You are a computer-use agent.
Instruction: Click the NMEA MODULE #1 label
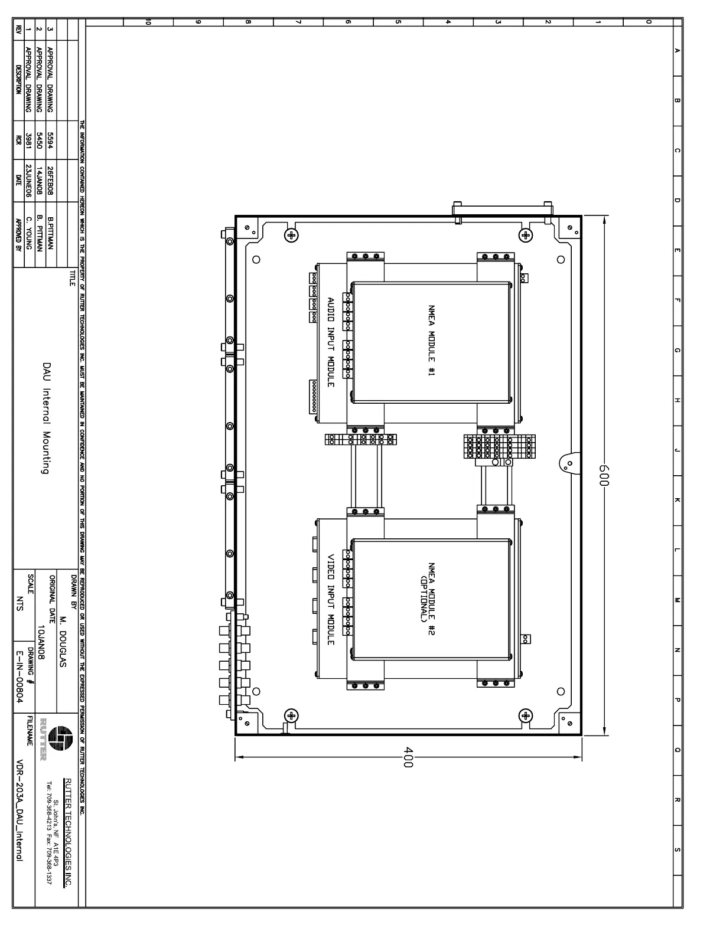click(x=431, y=341)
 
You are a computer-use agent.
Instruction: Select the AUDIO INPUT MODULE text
click(x=331, y=342)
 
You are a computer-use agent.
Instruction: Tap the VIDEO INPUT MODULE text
click(x=331, y=599)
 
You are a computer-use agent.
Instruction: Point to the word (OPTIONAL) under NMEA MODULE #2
click(x=422, y=599)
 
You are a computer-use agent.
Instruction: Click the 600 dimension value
click(x=604, y=475)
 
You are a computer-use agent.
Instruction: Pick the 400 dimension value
click(x=408, y=757)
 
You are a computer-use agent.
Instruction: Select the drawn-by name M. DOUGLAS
click(x=63, y=642)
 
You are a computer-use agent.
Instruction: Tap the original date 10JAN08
click(x=41, y=642)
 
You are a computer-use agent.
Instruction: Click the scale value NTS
click(x=19, y=603)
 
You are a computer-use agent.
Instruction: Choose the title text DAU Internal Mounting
click(x=46, y=419)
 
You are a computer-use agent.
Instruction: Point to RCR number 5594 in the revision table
click(x=50, y=140)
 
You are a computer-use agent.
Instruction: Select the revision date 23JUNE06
click(x=28, y=181)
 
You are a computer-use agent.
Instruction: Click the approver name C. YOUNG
click(x=28, y=233)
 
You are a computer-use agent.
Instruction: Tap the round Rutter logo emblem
click(x=60, y=738)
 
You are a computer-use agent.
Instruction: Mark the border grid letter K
click(x=677, y=500)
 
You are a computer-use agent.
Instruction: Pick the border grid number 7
click(x=298, y=21)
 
